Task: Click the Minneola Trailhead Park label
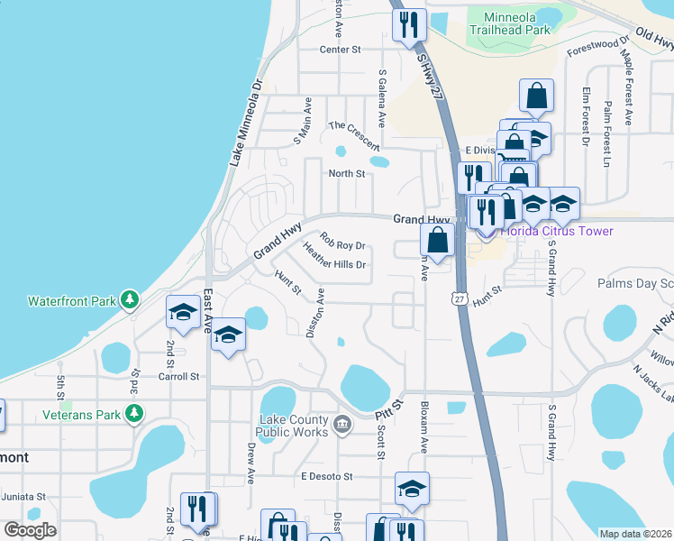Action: click(x=516, y=23)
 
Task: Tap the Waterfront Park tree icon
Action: click(x=131, y=298)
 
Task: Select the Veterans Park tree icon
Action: click(x=134, y=413)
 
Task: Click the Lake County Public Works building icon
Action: click(x=342, y=424)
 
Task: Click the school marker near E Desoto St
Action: click(x=412, y=489)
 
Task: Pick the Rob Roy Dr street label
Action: click(x=342, y=244)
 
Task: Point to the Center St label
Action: click(x=340, y=49)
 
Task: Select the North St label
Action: click(x=346, y=173)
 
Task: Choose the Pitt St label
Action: click(x=388, y=410)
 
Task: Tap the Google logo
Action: click(x=30, y=530)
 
